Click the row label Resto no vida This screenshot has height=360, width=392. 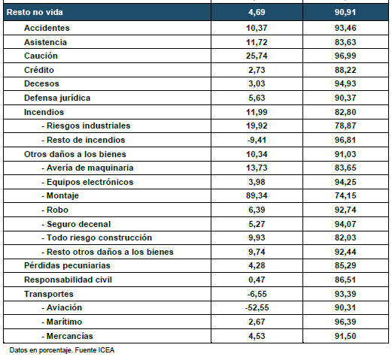pos(35,12)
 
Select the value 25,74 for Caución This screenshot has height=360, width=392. pos(257,56)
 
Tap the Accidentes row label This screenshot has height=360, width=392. pos(47,28)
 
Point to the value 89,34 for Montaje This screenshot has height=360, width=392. pos(257,195)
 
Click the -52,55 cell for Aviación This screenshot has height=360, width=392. pos(257,307)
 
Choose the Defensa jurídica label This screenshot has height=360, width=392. pos(57,98)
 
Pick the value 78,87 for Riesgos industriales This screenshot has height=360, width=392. pos(345,126)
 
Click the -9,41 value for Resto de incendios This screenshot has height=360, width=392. pos(257,140)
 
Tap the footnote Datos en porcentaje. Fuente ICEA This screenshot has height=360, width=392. pos(62,350)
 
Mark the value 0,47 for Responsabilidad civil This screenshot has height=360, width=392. pos(257,280)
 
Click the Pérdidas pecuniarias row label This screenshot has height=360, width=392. pos(67,265)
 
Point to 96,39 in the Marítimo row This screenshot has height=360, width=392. pos(345,322)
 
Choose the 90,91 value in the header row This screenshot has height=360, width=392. pos(345,12)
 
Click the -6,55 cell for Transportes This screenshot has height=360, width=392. pos(257,294)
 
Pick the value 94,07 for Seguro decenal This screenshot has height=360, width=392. pos(345,224)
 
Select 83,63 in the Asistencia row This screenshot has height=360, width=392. pos(345,42)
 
